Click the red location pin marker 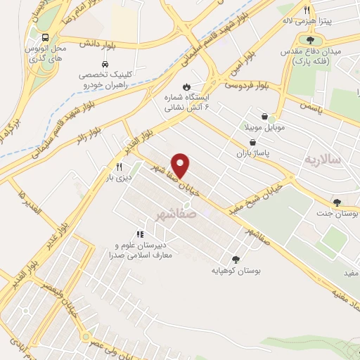pos(181,165)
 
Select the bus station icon pos(45,37)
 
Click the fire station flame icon pos(186,86)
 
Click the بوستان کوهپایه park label pos(234,269)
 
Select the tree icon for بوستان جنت pos(337,202)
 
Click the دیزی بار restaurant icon pos(119,167)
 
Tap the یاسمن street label pos(309,110)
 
